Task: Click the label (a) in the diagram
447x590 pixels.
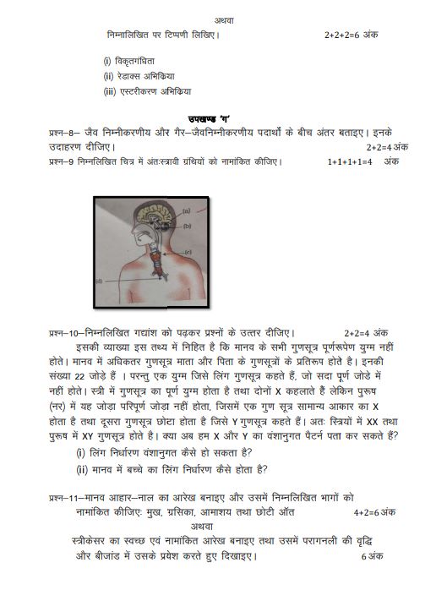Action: pos(186,210)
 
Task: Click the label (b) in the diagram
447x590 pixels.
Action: pos(188,227)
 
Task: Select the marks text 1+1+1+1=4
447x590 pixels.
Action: pos(350,161)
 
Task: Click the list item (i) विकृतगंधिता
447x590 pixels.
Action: pos(135,61)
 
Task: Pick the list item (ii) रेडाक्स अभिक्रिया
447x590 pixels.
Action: pos(139,76)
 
